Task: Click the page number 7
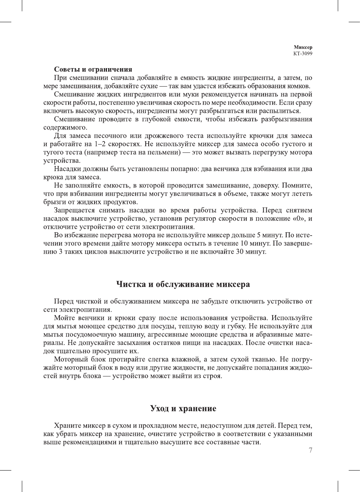click(x=310, y=450)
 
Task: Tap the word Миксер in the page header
click(x=303, y=47)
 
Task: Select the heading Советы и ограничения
click(x=93, y=69)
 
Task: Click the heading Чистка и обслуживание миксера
click(x=183, y=284)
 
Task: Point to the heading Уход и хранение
click(x=183, y=408)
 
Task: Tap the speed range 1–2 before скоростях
click(x=100, y=144)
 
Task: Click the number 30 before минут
click(x=240, y=252)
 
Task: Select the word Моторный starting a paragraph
click(x=70, y=359)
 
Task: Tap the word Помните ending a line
click(x=296, y=186)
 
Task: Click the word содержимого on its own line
click(x=65, y=128)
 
